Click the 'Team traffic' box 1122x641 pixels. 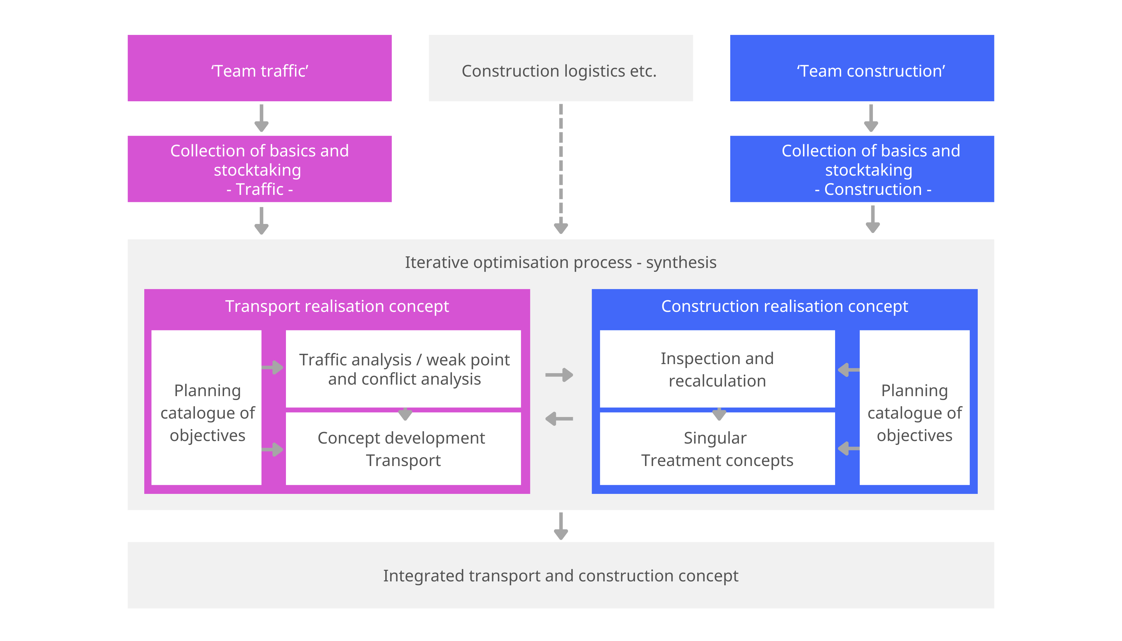pyautogui.click(x=259, y=68)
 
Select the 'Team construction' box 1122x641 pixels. pyautogui.click(x=862, y=68)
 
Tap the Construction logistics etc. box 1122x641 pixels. pyautogui.click(x=561, y=68)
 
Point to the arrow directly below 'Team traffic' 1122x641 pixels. pyautogui.click(x=262, y=118)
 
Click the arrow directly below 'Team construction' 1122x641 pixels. pyautogui.click(x=871, y=118)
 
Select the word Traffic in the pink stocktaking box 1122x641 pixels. pyautogui.click(x=260, y=189)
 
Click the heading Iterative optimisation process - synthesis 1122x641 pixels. pyautogui.click(x=561, y=262)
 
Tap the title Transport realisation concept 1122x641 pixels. pyautogui.click(x=337, y=306)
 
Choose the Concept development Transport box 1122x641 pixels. pyautogui.click(x=403, y=449)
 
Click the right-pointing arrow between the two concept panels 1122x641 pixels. pyautogui.click(x=559, y=375)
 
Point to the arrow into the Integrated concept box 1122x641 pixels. pyautogui.click(x=561, y=526)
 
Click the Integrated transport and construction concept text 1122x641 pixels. pyautogui.click(x=561, y=576)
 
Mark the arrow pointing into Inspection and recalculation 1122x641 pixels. pyautogui.click(x=849, y=370)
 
